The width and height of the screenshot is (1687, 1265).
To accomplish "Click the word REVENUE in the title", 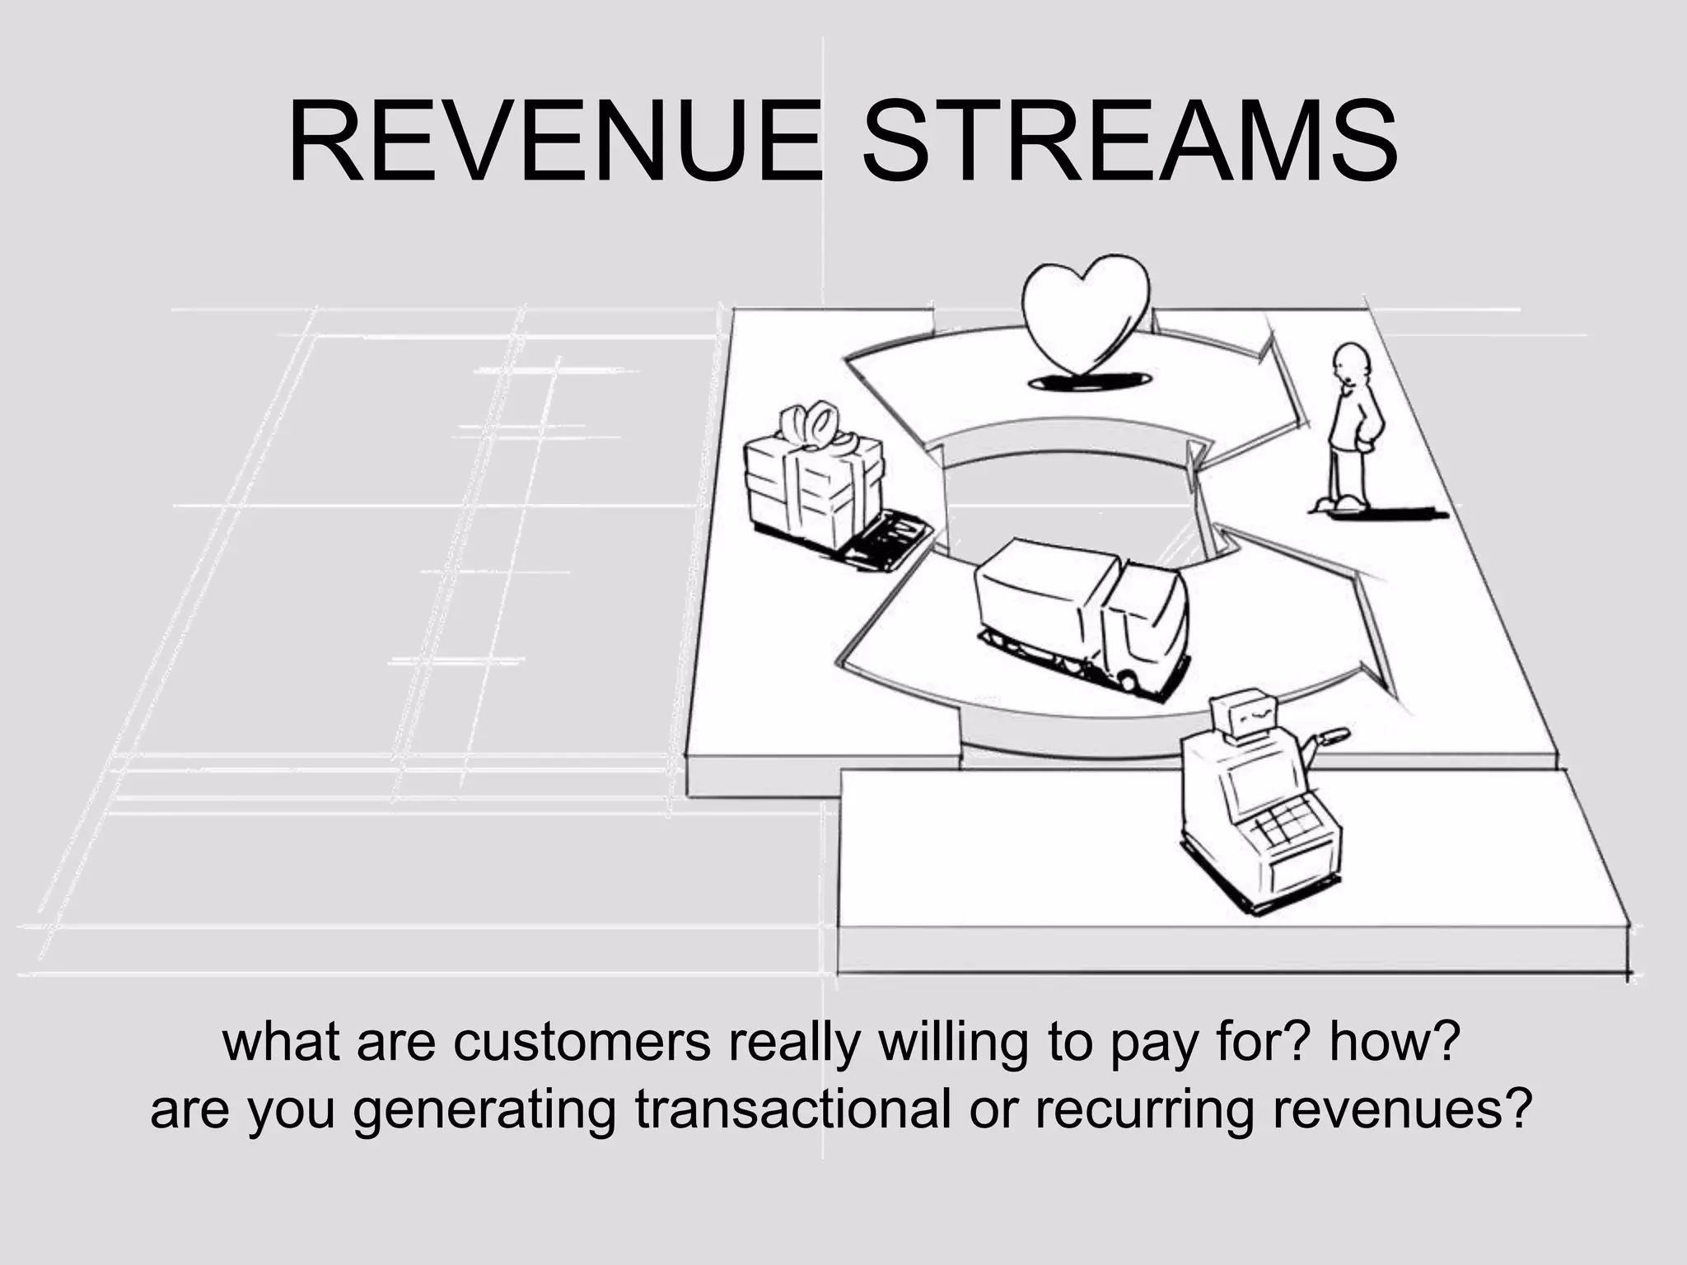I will [x=554, y=142].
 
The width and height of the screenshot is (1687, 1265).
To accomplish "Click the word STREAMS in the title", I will [x=1129, y=142].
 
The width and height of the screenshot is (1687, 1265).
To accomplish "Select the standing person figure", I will [x=1351, y=428].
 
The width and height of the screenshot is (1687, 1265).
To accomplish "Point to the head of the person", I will [x=1351, y=362].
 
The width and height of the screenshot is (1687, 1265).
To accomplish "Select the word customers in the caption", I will [x=582, y=1041].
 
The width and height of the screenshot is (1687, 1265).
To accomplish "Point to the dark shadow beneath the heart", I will [x=1089, y=380].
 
